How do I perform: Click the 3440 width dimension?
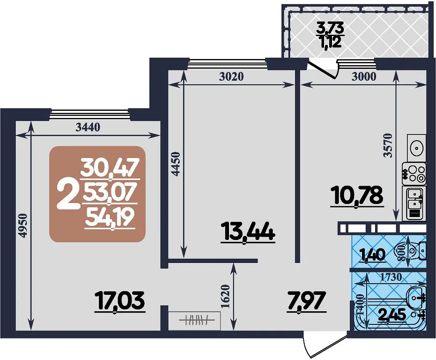click(x=88, y=127)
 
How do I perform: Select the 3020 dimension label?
click(x=231, y=76)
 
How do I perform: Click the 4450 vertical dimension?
click(x=176, y=164)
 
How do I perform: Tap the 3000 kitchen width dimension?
click(x=364, y=76)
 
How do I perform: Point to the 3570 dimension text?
click(x=387, y=146)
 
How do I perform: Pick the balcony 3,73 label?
click(x=331, y=28)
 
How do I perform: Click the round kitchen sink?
click(x=416, y=147)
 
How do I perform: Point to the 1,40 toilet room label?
click(x=373, y=255)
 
